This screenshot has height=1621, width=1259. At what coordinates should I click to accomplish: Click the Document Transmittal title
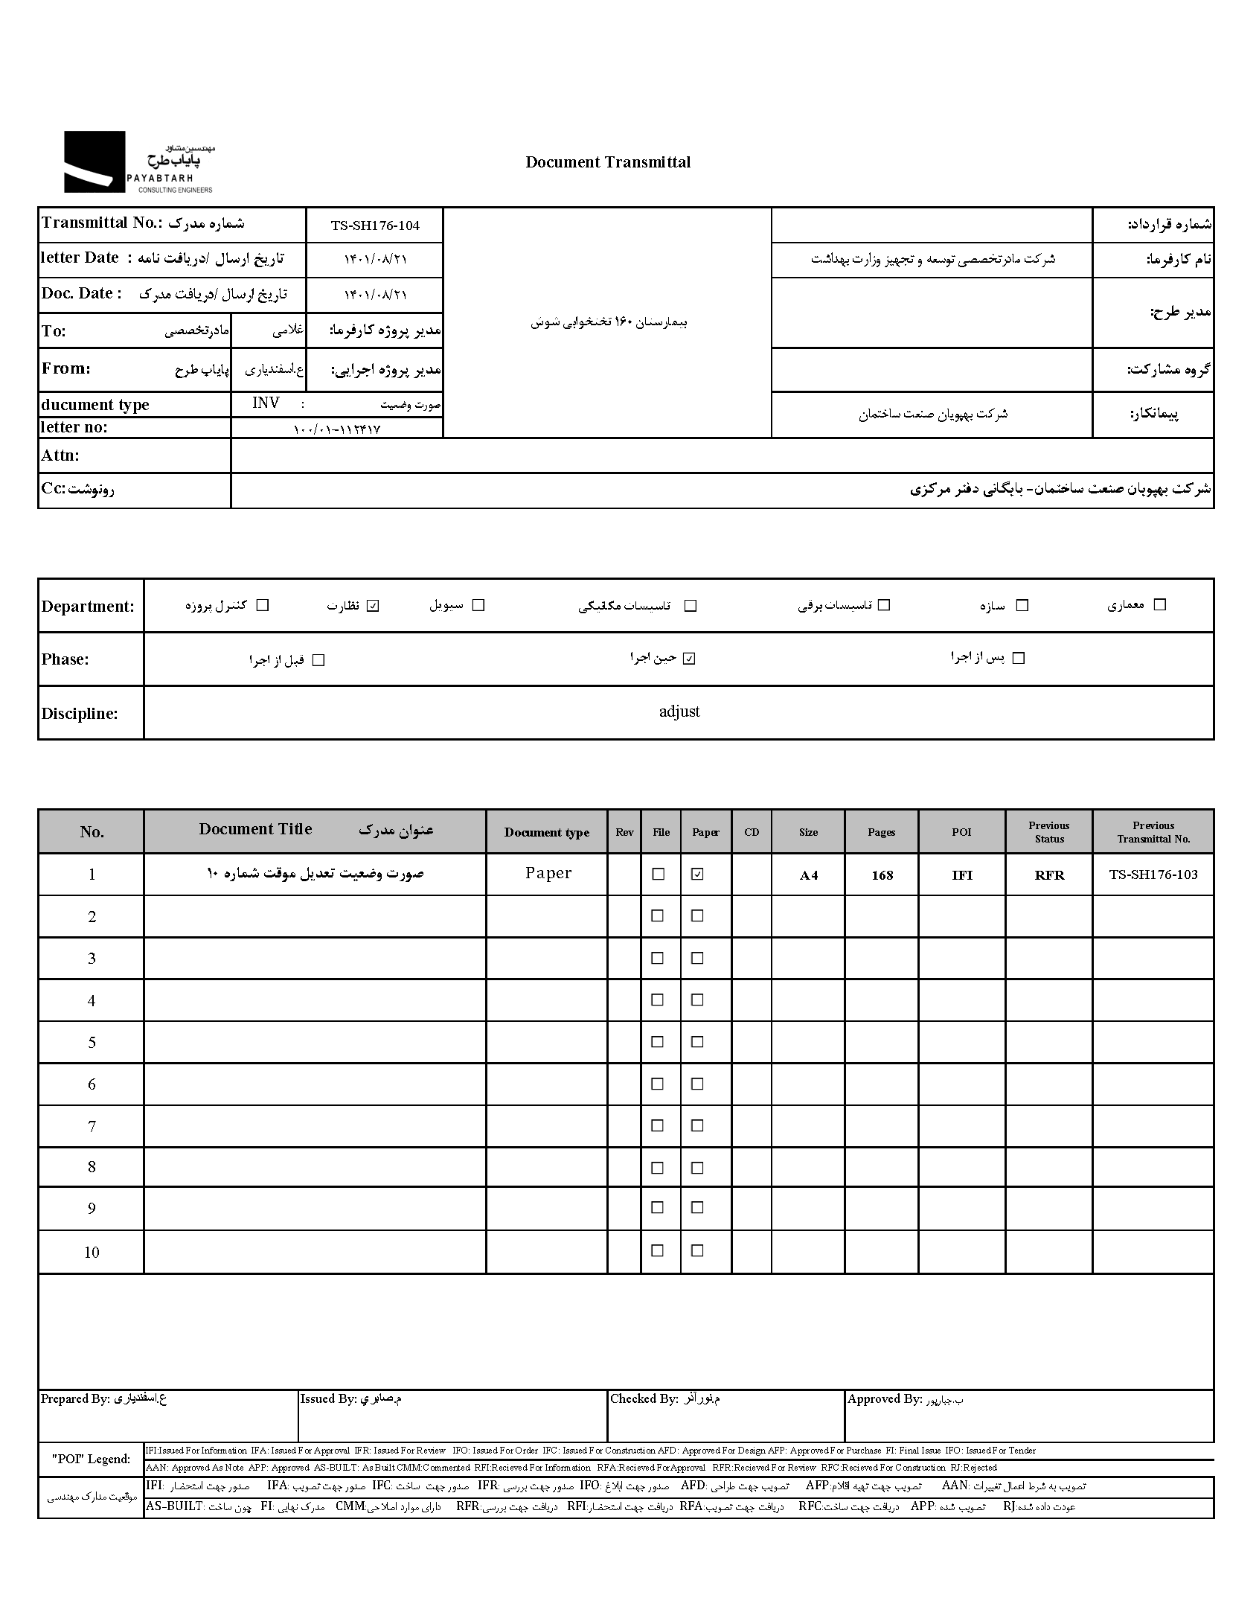(x=607, y=162)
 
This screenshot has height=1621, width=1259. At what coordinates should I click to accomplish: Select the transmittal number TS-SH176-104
(x=375, y=226)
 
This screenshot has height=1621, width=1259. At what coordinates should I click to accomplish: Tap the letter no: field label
(x=74, y=427)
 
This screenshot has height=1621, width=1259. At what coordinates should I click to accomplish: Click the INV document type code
(x=266, y=403)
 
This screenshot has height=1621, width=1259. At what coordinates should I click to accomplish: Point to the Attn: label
(x=60, y=455)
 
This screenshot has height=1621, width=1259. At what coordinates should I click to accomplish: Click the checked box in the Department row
(x=374, y=606)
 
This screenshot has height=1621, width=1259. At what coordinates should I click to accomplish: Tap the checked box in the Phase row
(x=689, y=659)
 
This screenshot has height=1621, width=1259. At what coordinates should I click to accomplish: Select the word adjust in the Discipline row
(x=679, y=712)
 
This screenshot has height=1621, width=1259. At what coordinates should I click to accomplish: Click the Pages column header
(x=881, y=832)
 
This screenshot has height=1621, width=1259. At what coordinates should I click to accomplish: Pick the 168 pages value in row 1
(x=882, y=875)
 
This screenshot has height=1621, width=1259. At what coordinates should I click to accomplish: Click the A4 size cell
(x=808, y=875)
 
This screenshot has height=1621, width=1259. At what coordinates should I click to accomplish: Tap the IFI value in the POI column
(x=962, y=875)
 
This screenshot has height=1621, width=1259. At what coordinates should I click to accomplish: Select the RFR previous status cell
(x=1049, y=875)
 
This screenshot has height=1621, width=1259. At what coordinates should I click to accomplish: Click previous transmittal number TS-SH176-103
(x=1153, y=875)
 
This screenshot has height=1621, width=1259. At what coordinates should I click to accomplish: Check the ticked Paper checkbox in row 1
(x=697, y=875)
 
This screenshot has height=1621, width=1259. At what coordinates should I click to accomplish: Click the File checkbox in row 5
(x=658, y=1042)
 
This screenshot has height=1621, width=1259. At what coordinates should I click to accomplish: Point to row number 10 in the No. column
(x=92, y=1252)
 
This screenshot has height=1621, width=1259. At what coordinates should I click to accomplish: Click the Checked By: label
(x=644, y=1399)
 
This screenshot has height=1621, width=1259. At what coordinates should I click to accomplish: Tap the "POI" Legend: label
(x=91, y=1459)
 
